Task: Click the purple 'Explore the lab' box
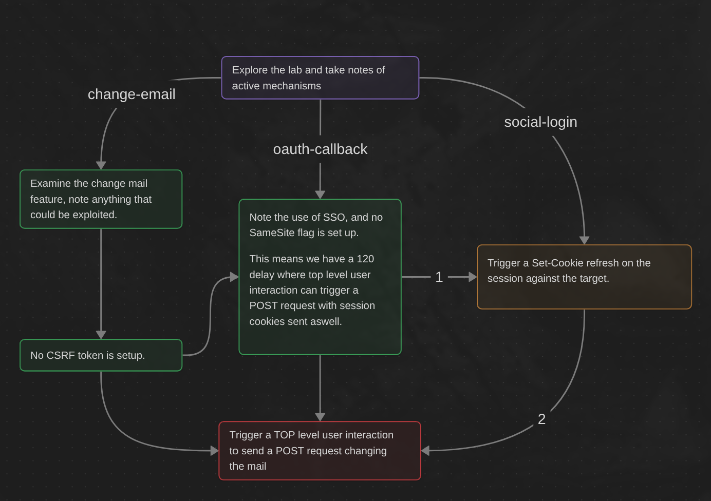click(320, 78)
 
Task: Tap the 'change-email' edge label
click(132, 94)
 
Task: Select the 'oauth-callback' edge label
click(320, 149)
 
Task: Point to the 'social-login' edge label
click(540, 122)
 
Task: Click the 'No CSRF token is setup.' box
click(101, 355)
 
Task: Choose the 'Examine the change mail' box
click(101, 199)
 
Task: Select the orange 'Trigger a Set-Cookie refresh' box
click(584, 277)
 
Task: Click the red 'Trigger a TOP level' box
click(320, 451)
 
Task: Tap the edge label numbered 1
click(439, 277)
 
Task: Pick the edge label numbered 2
click(541, 419)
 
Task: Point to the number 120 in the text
click(365, 259)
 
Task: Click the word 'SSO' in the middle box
click(334, 218)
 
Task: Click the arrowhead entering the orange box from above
click(584, 240)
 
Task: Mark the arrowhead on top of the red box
click(320, 417)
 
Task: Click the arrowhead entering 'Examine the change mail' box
click(101, 165)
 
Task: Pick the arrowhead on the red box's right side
click(425, 451)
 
